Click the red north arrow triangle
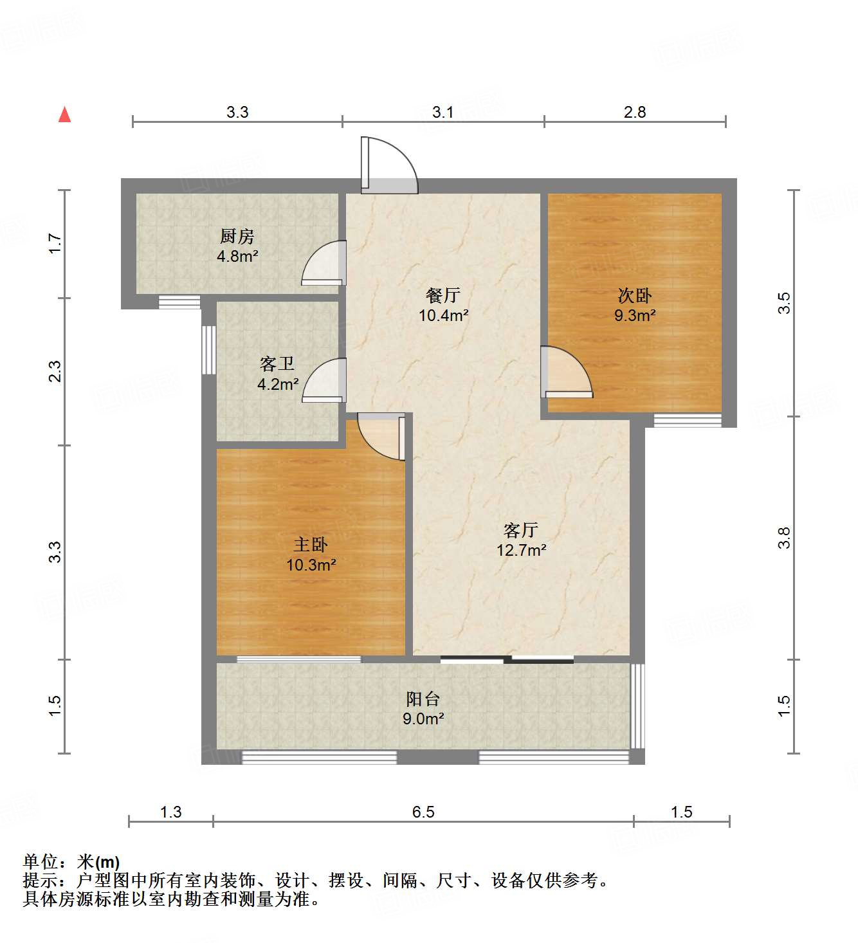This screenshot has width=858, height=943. point(64,114)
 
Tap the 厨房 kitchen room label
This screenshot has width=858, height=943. point(237,236)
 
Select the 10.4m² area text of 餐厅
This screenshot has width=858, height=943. point(443,316)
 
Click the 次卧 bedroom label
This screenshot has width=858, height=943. point(634,296)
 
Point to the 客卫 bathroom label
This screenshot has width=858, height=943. point(277,364)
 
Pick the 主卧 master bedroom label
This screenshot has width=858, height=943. point(311,545)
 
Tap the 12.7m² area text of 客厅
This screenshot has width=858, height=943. point(521,551)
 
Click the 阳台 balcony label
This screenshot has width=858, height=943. point(423,699)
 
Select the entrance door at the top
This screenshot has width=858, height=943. point(388,166)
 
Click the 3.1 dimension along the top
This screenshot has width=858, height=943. point(443,113)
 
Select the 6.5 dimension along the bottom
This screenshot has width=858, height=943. point(423,812)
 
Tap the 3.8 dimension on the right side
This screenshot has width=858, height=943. point(783,538)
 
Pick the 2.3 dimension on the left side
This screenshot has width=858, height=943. point(55,372)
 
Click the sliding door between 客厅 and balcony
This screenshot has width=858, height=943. point(507,659)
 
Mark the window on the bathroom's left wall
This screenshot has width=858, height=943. point(209,350)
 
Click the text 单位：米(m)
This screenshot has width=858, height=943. point(71,861)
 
